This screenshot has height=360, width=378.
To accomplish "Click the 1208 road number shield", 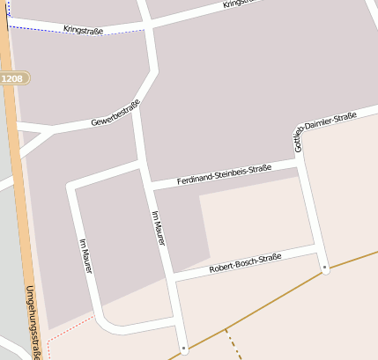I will click(x=13, y=78).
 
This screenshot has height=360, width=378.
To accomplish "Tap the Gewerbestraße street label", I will click(x=115, y=114).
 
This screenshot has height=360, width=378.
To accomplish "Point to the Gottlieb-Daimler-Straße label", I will click(x=324, y=130).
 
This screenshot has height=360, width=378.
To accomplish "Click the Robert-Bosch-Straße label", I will click(x=245, y=263).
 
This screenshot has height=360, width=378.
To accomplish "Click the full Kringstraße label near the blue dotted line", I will click(x=83, y=30).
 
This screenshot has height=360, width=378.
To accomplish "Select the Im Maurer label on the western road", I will click(x=85, y=255).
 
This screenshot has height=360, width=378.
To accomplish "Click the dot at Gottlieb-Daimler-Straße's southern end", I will click(x=325, y=266).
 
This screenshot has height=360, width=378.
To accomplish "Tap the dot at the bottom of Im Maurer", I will click(x=184, y=349).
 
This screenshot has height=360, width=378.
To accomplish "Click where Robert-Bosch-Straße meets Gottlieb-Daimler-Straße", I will click(x=320, y=252).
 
